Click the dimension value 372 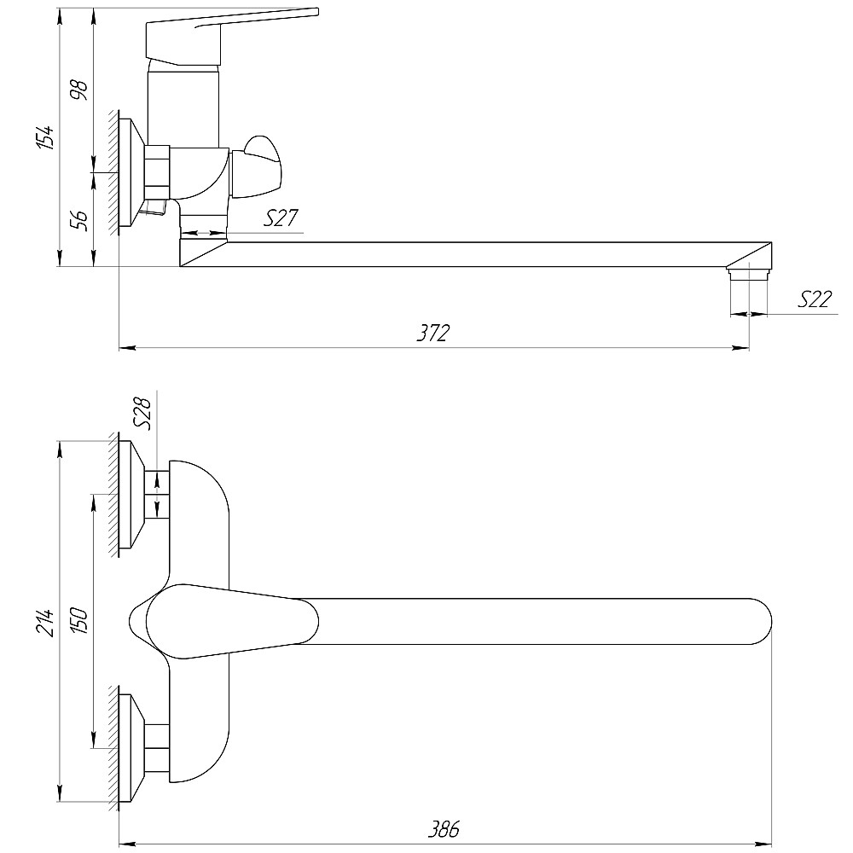point(433,333)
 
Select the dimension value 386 point(444,829)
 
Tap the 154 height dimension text point(45,137)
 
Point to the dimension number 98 point(79,90)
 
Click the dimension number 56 point(79,220)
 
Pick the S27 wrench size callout point(281,218)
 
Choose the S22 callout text point(815,299)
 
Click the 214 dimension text point(45,622)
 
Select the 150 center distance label point(79,621)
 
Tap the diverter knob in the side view point(256,167)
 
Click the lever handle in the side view point(232,35)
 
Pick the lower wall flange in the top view point(131,748)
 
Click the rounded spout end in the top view point(761,622)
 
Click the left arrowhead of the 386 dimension point(127,844)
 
